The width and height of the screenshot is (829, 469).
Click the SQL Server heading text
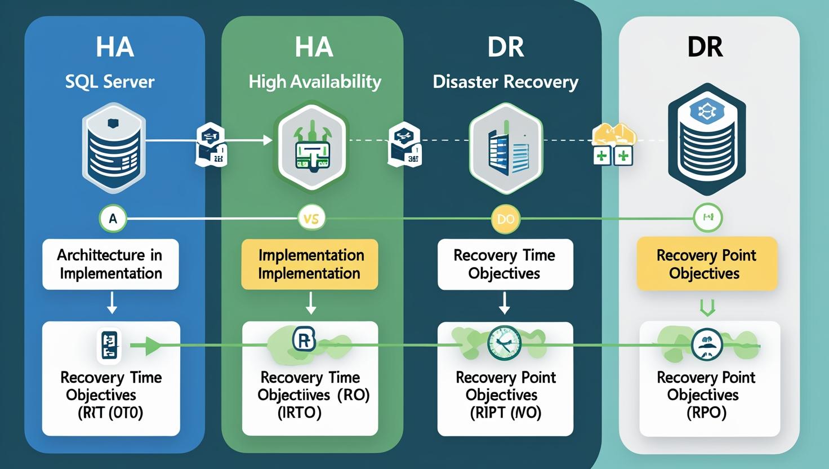(x=110, y=82)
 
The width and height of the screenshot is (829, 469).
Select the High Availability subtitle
(x=315, y=82)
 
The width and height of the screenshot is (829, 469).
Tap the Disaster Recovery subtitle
(x=505, y=82)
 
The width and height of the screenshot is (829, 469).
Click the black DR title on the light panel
(x=705, y=47)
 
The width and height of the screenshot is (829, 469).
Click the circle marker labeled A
(x=113, y=219)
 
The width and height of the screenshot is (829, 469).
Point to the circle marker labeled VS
(x=311, y=219)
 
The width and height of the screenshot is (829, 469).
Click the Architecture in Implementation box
(x=110, y=264)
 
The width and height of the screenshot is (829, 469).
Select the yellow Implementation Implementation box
(x=310, y=264)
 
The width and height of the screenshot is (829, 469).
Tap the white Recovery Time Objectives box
(x=505, y=264)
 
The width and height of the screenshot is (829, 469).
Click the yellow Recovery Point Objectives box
(x=706, y=264)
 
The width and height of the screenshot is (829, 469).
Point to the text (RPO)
(x=706, y=413)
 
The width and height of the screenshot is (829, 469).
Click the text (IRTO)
(x=299, y=413)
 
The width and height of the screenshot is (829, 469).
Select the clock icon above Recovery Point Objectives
(x=504, y=343)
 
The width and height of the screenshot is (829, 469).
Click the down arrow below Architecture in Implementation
(x=112, y=305)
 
